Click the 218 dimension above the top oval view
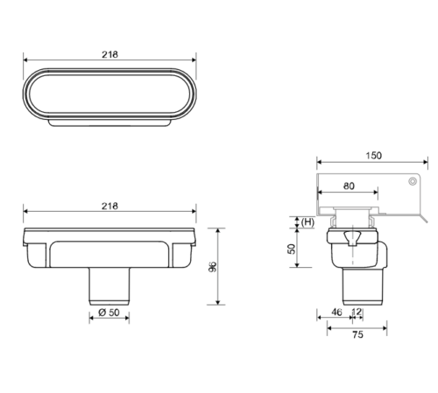pyautogui.click(x=109, y=54)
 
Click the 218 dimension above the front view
pyautogui.click(x=109, y=207)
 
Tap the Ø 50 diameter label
pyautogui.click(x=109, y=312)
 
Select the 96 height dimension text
pyautogui.click(x=213, y=267)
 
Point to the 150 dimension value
pyautogui.click(x=373, y=156)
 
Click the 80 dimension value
pyautogui.click(x=349, y=186)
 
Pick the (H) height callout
pyautogui.click(x=307, y=222)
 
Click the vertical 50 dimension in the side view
pyautogui.click(x=292, y=249)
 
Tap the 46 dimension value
pyautogui.click(x=336, y=312)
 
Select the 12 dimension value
pyautogui.click(x=357, y=312)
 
